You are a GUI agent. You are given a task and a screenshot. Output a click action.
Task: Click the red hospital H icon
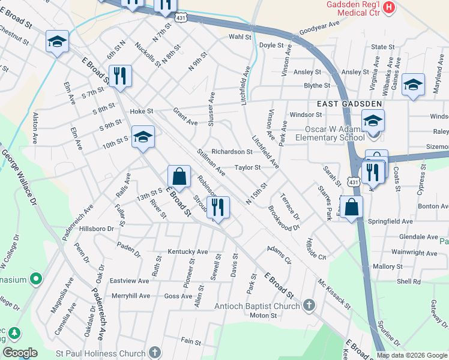(389, 8)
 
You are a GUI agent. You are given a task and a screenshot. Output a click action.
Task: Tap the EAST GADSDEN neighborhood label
(349, 103)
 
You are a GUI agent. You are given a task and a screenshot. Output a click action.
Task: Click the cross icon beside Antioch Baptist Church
(309, 306)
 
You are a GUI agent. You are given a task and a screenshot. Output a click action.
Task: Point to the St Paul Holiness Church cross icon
(155, 353)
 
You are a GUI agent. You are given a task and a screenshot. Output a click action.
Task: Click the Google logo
(20, 353)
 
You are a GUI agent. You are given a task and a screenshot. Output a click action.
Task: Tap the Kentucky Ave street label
(187, 252)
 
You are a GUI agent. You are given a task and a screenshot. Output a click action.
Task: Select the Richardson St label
(232, 152)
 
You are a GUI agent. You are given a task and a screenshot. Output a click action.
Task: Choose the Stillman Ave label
(211, 163)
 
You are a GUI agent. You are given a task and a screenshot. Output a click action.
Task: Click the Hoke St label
(142, 111)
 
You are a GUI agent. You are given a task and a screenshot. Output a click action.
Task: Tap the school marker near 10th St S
(143, 137)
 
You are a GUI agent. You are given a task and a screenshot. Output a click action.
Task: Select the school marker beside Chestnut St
(57, 41)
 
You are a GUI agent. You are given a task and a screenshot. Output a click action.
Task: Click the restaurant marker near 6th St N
(120, 76)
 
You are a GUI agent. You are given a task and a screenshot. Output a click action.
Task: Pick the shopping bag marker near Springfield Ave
(352, 207)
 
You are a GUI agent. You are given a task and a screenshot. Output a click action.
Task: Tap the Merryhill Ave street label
(131, 296)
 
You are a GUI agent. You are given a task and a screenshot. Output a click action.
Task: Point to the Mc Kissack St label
(334, 293)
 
